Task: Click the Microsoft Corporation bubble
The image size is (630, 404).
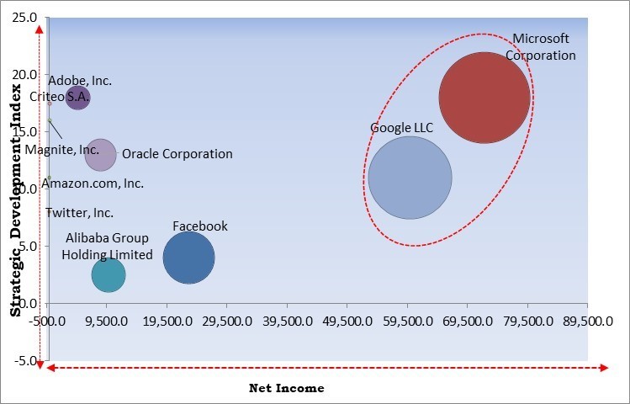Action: (x=484, y=98)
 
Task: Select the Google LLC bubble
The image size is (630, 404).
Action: (x=410, y=178)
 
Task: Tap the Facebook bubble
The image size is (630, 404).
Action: (x=188, y=258)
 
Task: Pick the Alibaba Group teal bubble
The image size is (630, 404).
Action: (x=109, y=274)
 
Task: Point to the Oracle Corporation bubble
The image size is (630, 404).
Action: (x=100, y=155)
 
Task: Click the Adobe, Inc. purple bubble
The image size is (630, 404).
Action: (x=77, y=98)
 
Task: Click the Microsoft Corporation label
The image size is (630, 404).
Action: (x=541, y=47)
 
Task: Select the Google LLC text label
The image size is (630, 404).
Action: (x=401, y=128)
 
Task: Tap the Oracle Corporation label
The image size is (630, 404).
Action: (x=177, y=154)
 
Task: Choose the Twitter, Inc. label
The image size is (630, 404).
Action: (x=79, y=213)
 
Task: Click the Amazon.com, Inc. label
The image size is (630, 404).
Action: (x=93, y=183)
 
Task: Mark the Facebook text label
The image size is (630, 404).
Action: (x=200, y=226)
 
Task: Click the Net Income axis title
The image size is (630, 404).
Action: (x=286, y=388)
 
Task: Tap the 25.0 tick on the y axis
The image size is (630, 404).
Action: (x=24, y=18)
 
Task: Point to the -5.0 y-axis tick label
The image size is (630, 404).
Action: (x=26, y=361)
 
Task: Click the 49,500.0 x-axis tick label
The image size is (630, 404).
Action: (x=347, y=321)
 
